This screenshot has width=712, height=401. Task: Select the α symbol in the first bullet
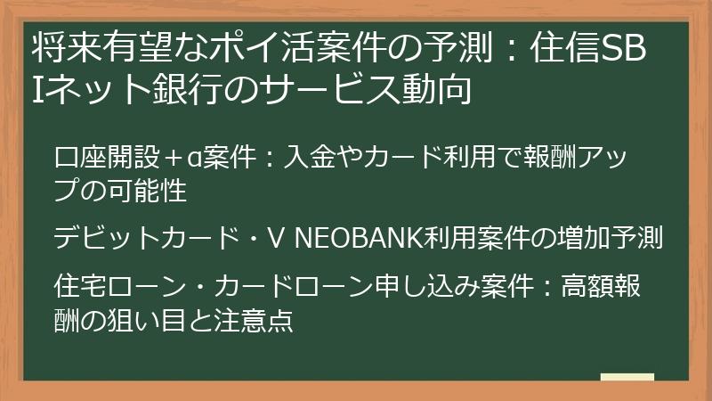click(x=177, y=160)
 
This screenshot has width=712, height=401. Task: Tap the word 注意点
click(x=263, y=318)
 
